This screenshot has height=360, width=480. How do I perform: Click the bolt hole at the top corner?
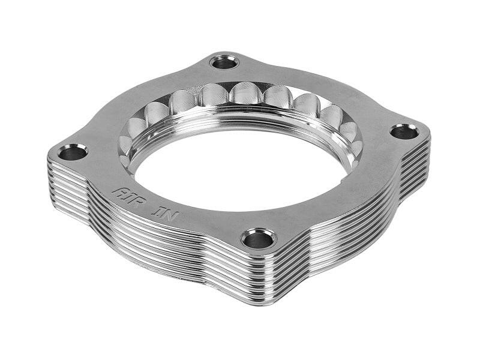tap(225, 62)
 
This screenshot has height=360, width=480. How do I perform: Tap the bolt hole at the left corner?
tap(73, 152)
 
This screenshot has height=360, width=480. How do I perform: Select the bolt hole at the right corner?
tap(404, 131)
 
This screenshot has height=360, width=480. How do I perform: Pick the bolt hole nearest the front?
tap(258, 239)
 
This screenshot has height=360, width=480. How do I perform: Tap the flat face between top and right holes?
tap(336, 96)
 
